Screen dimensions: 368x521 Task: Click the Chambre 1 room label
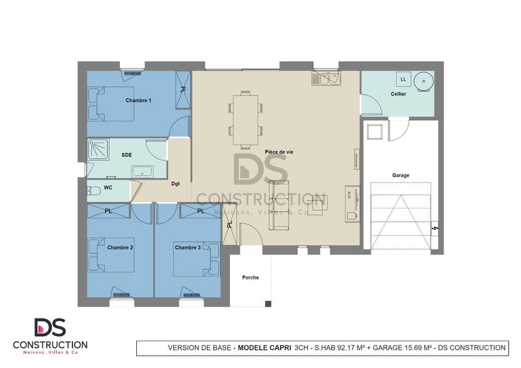(x=138, y=100)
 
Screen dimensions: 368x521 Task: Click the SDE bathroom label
(x=127, y=154)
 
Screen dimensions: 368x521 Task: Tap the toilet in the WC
(x=93, y=190)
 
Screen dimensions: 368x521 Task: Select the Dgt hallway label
(x=176, y=184)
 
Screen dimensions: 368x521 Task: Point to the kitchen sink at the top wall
(x=326, y=79)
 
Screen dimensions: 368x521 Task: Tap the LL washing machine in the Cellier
(x=403, y=79)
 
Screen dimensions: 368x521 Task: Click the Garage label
(x=401, y=175)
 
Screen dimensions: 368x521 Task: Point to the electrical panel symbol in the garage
(x=436, y=229)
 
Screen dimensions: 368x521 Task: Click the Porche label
(x=250, y=277)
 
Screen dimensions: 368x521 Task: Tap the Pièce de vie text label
(x=279, y=152)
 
